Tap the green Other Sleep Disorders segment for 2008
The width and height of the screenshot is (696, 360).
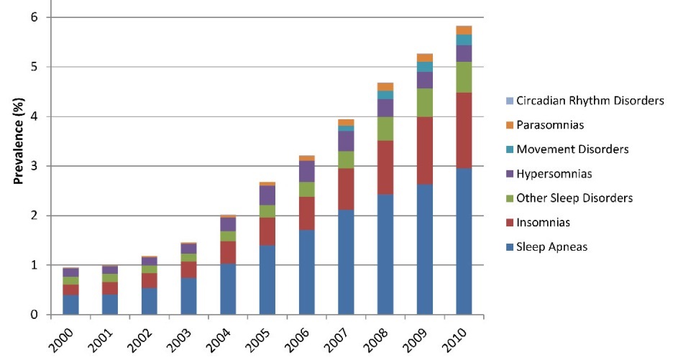tap(385, 129)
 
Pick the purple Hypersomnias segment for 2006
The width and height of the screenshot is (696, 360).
tap(307, 171)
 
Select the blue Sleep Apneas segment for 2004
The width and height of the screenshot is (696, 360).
tap(229, 289)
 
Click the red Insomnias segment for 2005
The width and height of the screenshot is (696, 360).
tap(267, 231)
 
